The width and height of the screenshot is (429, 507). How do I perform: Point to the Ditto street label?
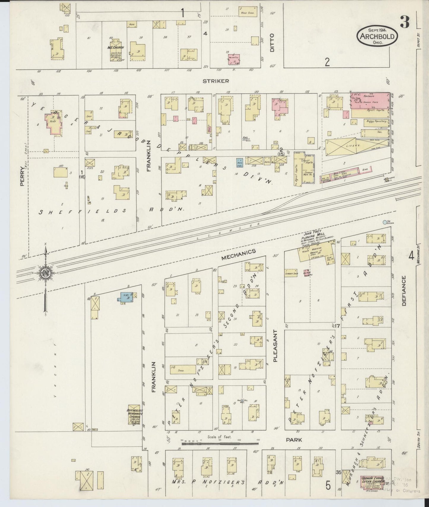273,43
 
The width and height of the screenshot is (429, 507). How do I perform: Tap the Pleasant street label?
275,346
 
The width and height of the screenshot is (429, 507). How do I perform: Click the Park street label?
294,440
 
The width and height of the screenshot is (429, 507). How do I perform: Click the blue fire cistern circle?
385,222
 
